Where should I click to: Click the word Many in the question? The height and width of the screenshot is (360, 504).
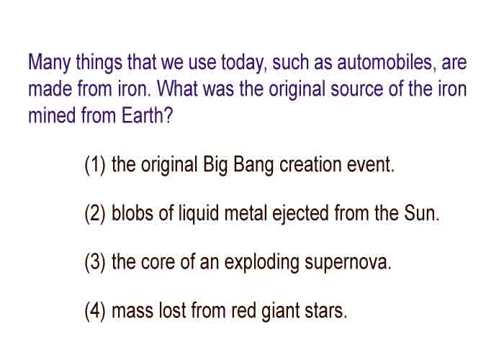[x=49, y=63]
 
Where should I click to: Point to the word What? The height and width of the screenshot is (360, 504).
[x=177, y=89]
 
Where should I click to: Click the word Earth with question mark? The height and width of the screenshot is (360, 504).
[x=147, y=115]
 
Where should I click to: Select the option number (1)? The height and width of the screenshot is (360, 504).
[x=95, y=165]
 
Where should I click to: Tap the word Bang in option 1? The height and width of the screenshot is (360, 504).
[x=253, y=166]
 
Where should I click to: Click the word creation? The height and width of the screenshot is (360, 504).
[x=310, y=165]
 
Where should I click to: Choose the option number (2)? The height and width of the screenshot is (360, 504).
[x=95, y=214]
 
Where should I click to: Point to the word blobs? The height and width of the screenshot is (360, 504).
[x=132, y=213]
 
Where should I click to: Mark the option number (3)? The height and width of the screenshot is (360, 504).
[x=95, y=263]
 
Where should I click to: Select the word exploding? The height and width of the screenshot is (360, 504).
[x=261, y=264]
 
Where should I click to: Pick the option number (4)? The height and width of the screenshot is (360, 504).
[x=95, y=312]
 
